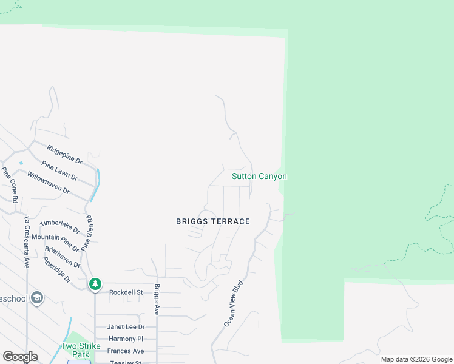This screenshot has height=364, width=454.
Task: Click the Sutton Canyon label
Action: coord(259,177)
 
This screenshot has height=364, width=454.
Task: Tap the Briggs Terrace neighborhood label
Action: coord(213,221)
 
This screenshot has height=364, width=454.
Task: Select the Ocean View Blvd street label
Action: coord(234,303)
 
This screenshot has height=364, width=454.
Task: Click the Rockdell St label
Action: coord(126,292)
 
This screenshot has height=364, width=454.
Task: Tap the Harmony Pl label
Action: coord(126,339)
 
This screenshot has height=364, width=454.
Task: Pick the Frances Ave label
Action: coord(126,351)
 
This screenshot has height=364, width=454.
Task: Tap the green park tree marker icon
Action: coord(95,284)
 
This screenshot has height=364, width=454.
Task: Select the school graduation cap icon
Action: coord(37,298)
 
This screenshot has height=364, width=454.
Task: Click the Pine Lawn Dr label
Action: coord(59,170)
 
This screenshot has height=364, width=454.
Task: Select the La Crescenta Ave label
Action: coord(27,242)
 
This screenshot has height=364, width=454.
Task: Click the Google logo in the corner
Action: coord(20,357)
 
